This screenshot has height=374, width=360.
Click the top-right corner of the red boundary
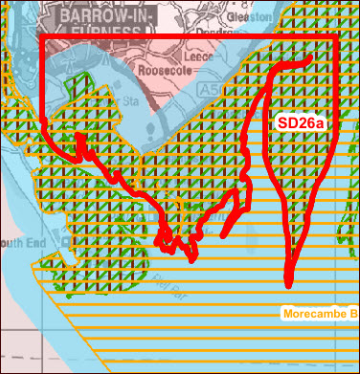click(338, 40)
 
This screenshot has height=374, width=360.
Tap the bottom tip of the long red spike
click(290, 284)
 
